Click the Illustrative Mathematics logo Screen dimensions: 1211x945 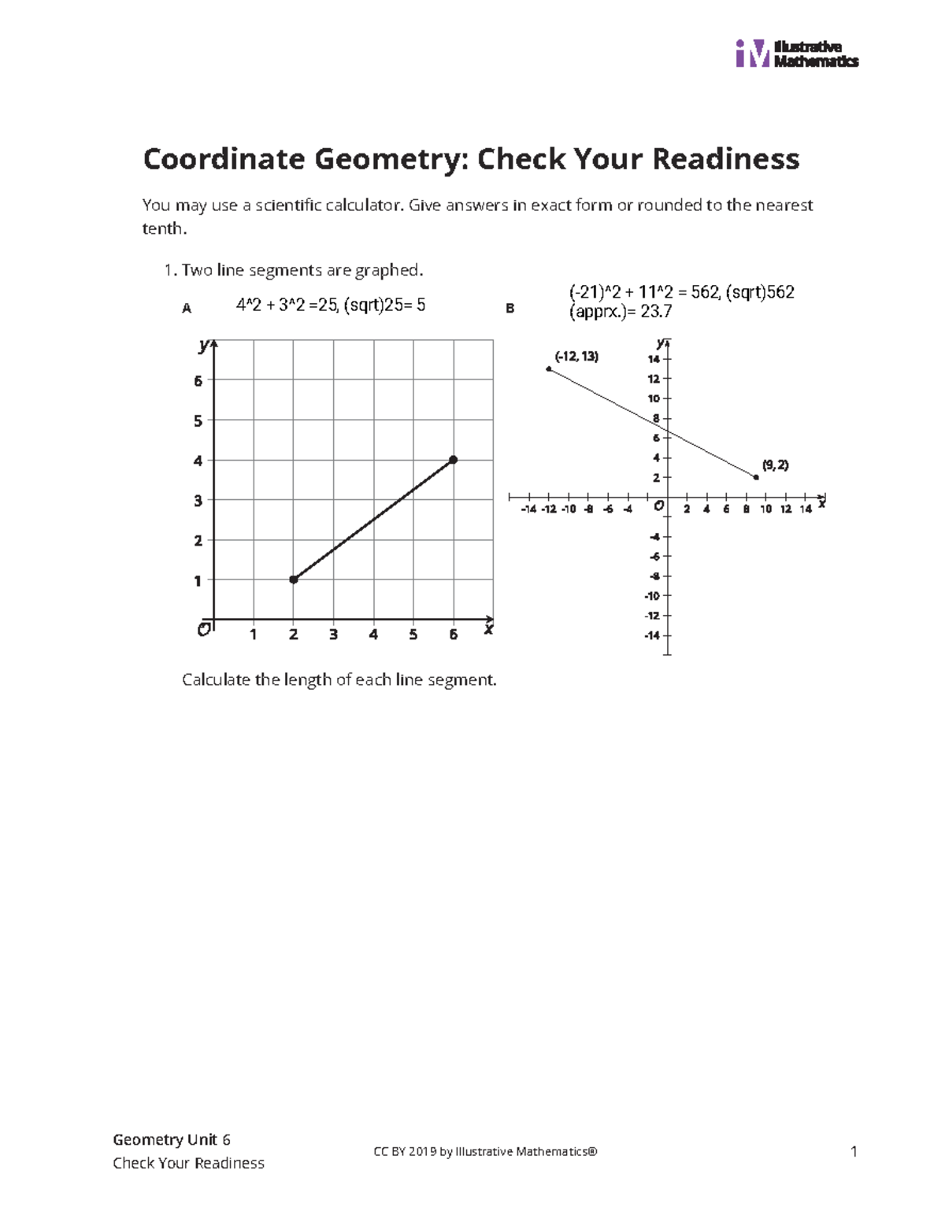pyautogui.click(x=795, y=54)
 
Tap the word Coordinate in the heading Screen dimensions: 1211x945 pyautogui.click(x=224, y=159)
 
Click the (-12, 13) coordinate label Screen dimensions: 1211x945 pyautogui.click(x=576, y=357)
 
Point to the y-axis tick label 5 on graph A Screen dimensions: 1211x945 pyautogui.click(x=198, y=421)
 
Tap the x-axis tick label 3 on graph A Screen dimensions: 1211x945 pyautogui.click(x=333, y=635)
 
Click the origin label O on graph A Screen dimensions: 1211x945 pyautogui.click(x=203, y=630)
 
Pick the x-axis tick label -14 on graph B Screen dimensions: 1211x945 pyautogui.click(x=528, y=509)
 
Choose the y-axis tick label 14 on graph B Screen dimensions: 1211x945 pyautogui.click(x=654, y=359)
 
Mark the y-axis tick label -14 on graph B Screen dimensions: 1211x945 pyautogui.click(x=651, y=635)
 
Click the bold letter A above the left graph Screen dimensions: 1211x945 pyautogui.click(x=187, y=309)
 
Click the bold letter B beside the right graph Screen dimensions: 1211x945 pyautogui.click(x=510, y=309)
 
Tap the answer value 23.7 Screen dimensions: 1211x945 pyautogui.click(x=656, y=312)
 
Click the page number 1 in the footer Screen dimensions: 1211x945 pyautogui.click(x=854, y=1152)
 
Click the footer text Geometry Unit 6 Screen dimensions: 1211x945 pyautogui.click(x=172, y=1139)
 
